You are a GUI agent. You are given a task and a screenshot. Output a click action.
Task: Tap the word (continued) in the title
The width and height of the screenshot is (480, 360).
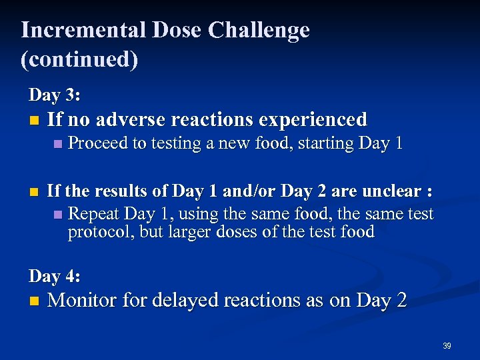(x=79, y=59)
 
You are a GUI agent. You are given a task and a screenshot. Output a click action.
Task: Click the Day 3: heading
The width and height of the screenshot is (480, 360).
(x=55, y=95)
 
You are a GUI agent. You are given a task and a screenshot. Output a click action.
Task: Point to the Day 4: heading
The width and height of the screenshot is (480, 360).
(x=55, y=275)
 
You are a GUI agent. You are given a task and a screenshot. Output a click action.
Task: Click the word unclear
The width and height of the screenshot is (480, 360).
(x=393, y=192)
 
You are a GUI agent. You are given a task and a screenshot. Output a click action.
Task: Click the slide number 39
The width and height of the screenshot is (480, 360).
(x=447, y=346)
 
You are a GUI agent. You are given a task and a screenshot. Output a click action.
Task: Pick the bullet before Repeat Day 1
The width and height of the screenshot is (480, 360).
(x=57, y=215)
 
